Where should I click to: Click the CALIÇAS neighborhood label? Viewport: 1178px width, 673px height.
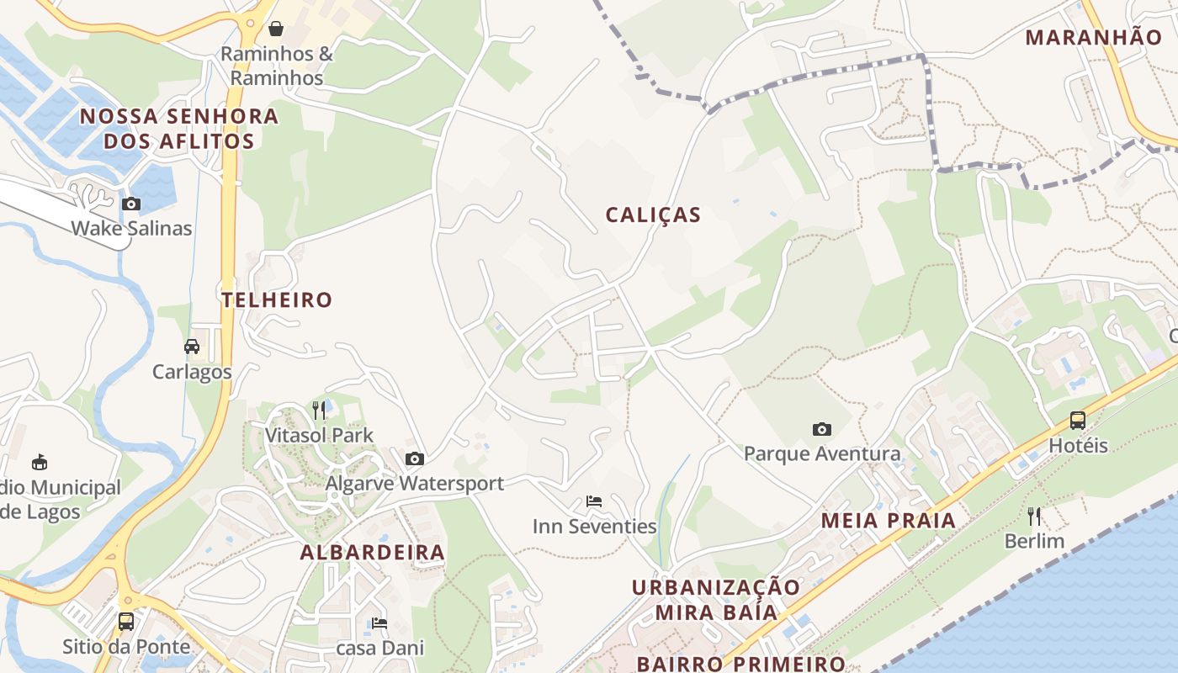tap(653, 215)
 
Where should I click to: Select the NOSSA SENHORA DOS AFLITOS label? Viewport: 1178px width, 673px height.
tap(178, 129)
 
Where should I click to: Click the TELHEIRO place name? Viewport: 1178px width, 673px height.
tap(277, 299)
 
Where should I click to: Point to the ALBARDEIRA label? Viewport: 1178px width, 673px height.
tap(373, 553)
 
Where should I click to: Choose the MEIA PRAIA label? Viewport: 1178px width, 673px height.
tap(889, 521)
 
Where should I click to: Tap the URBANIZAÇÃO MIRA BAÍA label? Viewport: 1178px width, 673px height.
tap(716, 599)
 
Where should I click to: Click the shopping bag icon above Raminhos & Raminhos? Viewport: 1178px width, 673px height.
tap(276, 29)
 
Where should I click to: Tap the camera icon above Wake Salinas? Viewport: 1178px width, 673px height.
tap(131, 204)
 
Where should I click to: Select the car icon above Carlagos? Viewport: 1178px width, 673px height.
tap(192, 347)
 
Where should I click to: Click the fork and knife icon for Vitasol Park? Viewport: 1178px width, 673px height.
tap(319, 410)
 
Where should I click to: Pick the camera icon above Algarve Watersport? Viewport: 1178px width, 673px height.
tap(415, 458)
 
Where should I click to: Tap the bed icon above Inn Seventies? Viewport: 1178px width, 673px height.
tap(594, 501)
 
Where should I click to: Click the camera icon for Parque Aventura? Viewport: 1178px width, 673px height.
tap(822, 429)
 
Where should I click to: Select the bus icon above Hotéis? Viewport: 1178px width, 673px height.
tap(1078, 420)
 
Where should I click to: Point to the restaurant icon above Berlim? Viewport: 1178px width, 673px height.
tap(1034, 516)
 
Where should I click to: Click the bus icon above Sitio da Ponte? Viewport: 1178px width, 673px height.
tap(126, 622)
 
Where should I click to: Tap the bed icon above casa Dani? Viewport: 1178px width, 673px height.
tap(379, 623)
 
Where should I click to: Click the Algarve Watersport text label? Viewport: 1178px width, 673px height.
tap(415, 483)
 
